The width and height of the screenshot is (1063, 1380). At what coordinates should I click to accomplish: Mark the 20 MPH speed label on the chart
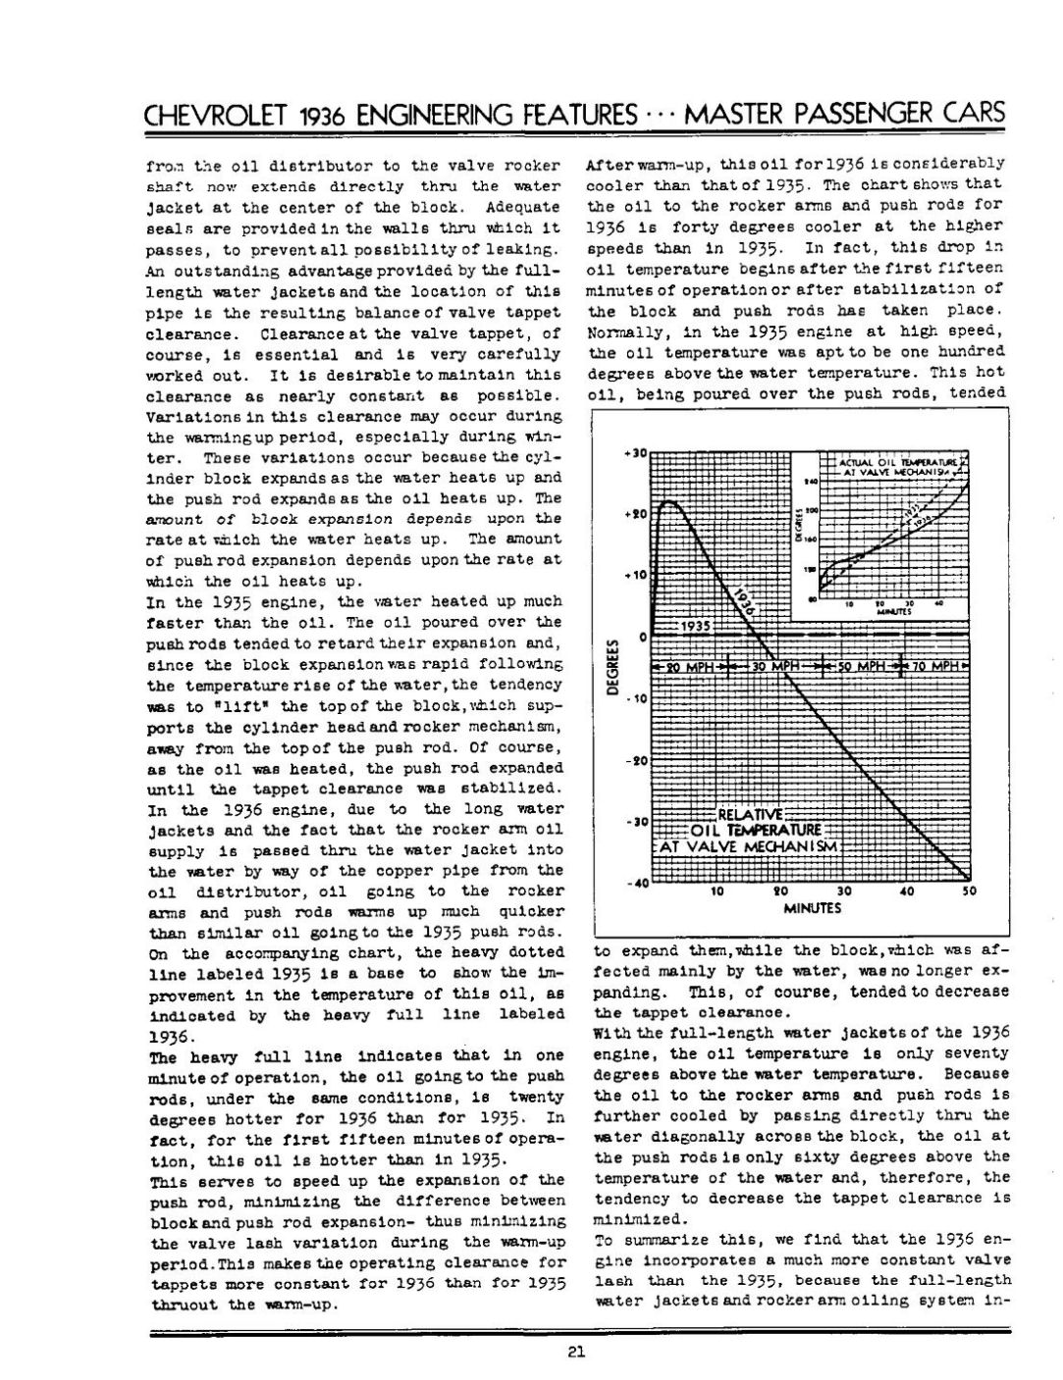(x=691, y=667)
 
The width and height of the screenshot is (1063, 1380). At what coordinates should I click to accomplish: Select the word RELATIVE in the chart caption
(x=751, y=813)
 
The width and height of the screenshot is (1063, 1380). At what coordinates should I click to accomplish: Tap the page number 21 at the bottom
(x=577, y=1354)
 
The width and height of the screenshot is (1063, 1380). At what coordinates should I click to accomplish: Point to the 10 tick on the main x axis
(x=718, y=892)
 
